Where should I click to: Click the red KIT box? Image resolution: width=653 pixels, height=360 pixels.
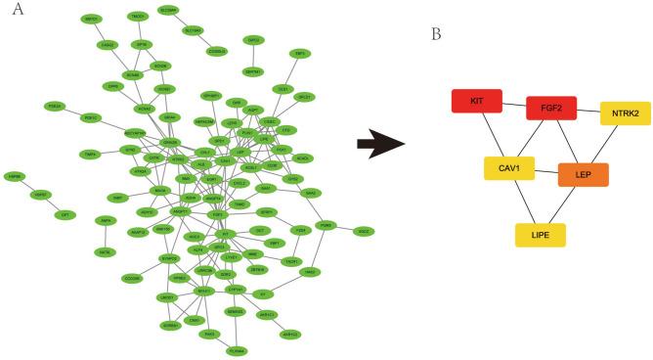(x=476, y=101)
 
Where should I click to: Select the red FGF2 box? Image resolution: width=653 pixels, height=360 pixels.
(x=551, y=108)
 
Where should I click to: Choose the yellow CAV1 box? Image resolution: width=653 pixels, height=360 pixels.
(x=508, y=168)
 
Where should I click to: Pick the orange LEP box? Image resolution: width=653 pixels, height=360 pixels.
(x=584, y=174)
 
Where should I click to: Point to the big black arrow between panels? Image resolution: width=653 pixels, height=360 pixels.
(x=380, y=147)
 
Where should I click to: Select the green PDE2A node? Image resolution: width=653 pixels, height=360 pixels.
(x=56, y=106)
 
